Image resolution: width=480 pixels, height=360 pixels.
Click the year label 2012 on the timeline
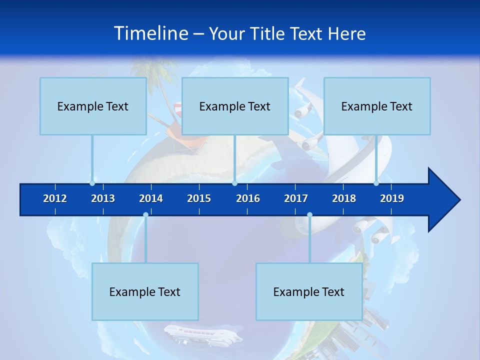click(55, 198)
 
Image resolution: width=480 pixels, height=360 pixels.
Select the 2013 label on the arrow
click(103, 198)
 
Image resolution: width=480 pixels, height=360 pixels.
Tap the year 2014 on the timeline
click(151, 198)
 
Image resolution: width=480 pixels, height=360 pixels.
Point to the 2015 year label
click(199, 198)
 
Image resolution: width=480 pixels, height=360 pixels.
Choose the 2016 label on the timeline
click(248, 198)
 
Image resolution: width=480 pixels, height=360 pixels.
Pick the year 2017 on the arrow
click(296, 198)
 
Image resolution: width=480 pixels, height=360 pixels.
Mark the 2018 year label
click(344, 198)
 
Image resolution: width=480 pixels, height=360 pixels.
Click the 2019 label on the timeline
click(392, 198)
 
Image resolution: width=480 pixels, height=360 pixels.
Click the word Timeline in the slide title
click(150, 33)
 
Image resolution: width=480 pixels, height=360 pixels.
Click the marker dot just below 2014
click(145, 215)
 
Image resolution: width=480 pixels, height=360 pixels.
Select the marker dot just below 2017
click(309, 215)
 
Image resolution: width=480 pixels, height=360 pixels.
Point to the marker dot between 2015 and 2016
click(234, 183)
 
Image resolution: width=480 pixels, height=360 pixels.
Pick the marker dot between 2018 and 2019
click(376, 183)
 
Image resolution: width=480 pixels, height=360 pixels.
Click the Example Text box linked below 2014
click(145, 291)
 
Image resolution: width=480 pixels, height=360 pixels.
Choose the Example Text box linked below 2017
click(309, 291)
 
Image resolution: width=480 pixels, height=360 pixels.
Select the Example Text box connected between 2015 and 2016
click(235, 106)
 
